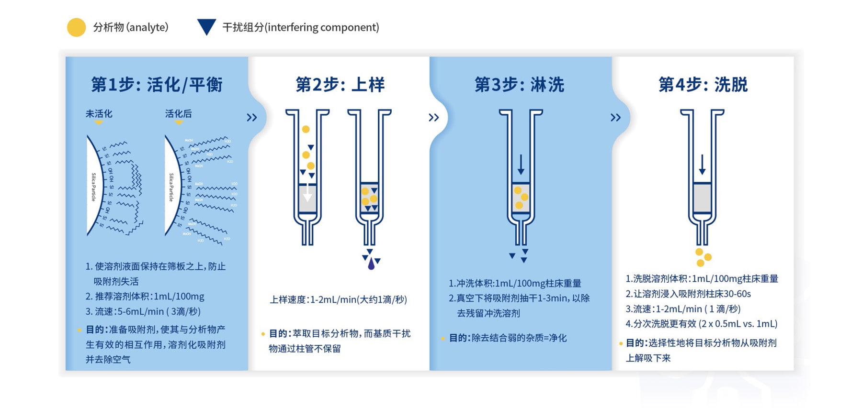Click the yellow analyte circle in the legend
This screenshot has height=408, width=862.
76,28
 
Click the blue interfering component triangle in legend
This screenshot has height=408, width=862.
206,26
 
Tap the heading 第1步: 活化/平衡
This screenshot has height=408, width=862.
157,85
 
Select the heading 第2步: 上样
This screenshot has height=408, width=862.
340,85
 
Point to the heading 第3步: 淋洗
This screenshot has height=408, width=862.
519,85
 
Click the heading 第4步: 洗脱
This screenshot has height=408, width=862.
703,85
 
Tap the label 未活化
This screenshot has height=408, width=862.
99,114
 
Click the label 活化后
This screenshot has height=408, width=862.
178,114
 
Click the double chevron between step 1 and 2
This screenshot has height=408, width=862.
252,118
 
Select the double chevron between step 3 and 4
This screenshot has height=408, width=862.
615,118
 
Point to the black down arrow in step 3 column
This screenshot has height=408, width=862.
521,165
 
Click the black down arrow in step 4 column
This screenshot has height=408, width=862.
702,165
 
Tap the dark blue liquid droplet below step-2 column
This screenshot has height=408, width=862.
371,264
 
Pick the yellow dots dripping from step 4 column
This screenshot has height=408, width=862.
703,257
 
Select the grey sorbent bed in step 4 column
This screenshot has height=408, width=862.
702,198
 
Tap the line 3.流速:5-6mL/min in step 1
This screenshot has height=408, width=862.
143,312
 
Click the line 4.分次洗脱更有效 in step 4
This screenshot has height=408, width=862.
701,324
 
